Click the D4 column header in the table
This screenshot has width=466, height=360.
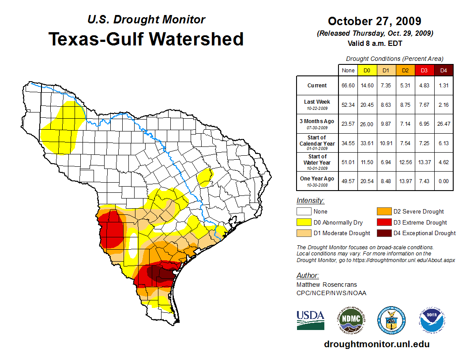coord(443,70)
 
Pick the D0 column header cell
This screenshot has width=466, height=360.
coord(367,70)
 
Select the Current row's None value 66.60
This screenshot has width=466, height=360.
coord(348,86)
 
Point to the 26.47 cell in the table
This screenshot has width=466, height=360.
coord(443,124)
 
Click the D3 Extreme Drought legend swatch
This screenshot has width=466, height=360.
coord(383,222)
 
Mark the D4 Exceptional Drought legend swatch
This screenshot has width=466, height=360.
coord(383,233)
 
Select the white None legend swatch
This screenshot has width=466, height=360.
coord(304,212)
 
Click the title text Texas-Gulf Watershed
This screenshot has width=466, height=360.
coord(146,39)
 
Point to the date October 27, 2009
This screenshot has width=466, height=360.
coord(374,21)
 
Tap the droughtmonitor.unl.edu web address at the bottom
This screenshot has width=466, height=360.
coord(376,344)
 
